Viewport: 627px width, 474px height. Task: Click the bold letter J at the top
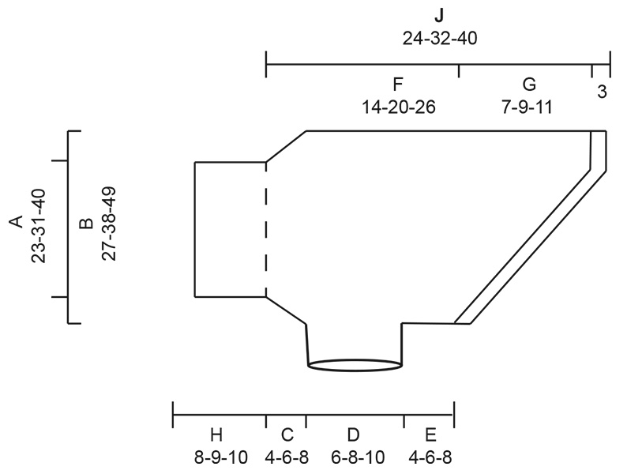tap(439, 16)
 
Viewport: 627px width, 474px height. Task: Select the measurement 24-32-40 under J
tap(439, 37)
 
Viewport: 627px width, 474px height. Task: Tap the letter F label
tap(399, 85)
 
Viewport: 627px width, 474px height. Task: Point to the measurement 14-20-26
tap(399, 107)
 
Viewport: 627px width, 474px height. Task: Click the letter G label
tap(528, 85)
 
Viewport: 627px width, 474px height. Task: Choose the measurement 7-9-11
tap(527, 107)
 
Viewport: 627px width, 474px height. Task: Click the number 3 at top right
tap(602, 92)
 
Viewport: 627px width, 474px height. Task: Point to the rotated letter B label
tap(87, 223)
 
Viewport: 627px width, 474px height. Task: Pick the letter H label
tap(217, 434)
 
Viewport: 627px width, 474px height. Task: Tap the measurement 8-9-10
tap(217, 457)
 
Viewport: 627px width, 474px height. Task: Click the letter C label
tap(287, 434)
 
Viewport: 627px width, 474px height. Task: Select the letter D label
tap(353, 434)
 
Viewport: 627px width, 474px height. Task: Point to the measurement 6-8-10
tap(353, 457)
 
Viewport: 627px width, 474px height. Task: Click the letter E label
tap(430, 434)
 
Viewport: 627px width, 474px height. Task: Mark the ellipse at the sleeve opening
tap(355, 365)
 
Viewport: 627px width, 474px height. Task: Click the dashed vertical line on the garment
tap(266, 229)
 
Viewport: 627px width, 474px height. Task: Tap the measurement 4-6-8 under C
tap(287, 457)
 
